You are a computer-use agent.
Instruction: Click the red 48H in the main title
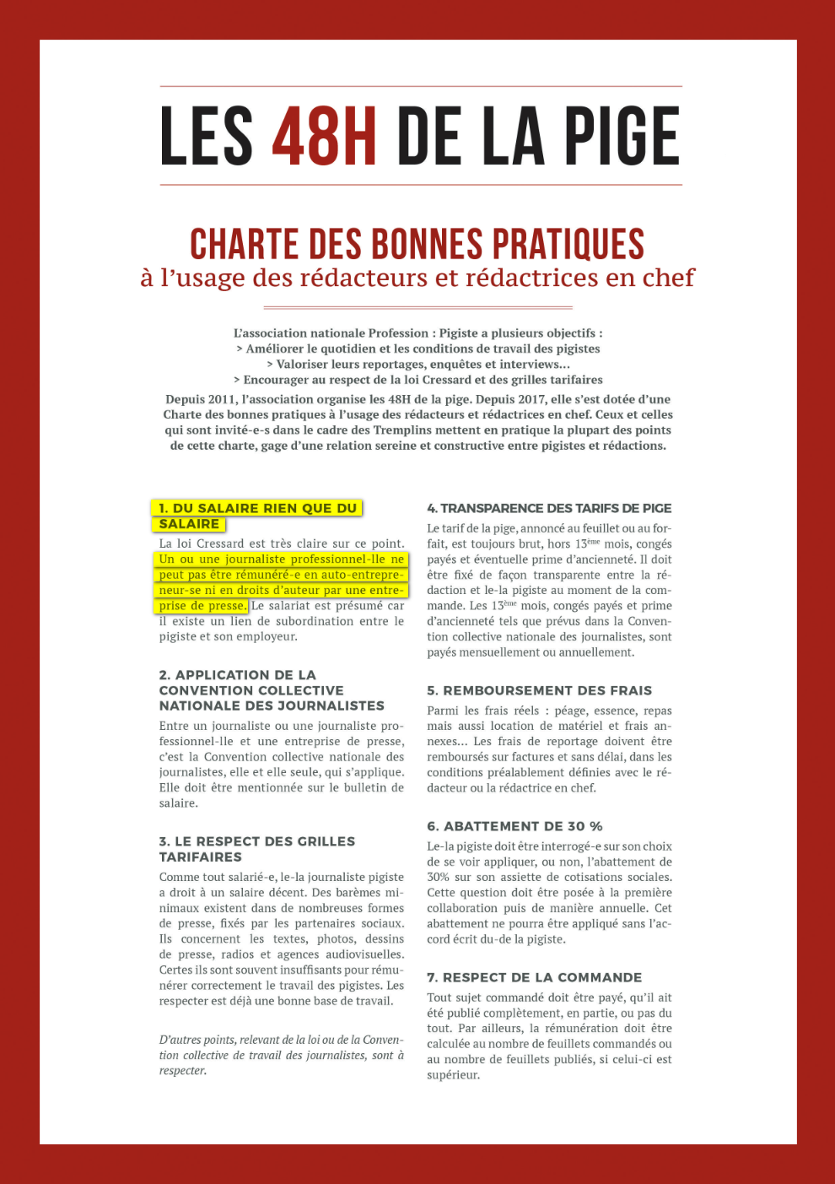tap(324, 136)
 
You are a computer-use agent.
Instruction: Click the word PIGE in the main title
tap(622, 136)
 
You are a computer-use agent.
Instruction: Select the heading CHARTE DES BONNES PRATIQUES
tap(417, 244)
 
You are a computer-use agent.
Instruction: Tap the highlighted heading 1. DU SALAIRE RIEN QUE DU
tap(257, 508)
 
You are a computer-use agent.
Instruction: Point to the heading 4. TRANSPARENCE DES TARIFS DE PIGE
tap(549, 508)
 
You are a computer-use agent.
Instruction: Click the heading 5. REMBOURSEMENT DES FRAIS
tap(539, 690)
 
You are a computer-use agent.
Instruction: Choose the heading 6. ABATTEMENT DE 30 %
tap(514, 826)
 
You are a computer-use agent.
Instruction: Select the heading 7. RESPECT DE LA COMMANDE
tap(534, 977)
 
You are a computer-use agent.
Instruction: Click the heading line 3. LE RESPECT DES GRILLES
tap(256, 841)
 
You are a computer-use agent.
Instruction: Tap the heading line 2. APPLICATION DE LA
tap(237, 675)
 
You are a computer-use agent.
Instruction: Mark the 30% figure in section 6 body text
tap(438, 878)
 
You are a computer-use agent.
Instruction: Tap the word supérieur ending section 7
tap(452, 1075)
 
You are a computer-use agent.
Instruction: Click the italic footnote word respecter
tap(181, 1071)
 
